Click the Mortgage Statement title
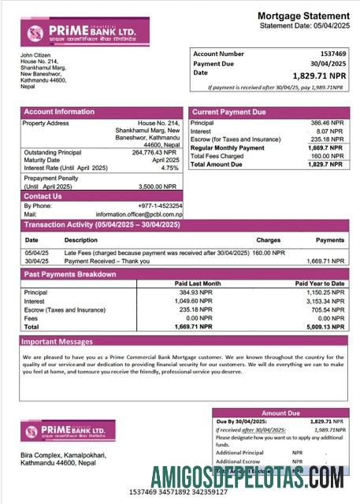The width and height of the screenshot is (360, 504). coord(303,16)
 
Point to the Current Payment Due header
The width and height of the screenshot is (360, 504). coord(228,113)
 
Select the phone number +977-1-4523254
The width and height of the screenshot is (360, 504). coord(160,206)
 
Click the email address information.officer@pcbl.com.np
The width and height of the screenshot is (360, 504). coord(139,214)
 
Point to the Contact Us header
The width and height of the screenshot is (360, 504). coord(43,196)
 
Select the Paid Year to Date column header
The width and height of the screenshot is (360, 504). coord(320,283)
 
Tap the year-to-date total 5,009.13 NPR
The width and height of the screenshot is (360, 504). coord(325,325)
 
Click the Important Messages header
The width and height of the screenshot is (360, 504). coord(57,342)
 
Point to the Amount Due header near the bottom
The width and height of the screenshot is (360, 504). coord(280,413)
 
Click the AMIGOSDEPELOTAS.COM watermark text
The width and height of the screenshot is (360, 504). coord(247,476)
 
